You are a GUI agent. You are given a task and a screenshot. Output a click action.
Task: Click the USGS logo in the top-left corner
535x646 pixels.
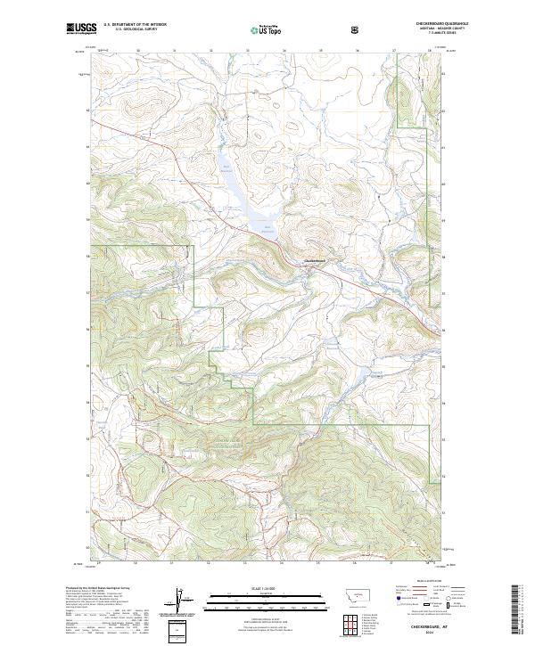(x=81, y=29)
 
